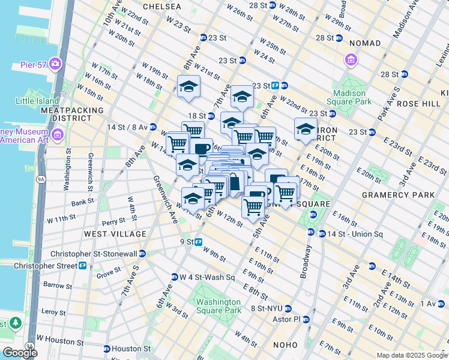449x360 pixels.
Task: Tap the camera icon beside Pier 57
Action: coord(55,62)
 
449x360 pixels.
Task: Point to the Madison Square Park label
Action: coord(350,97)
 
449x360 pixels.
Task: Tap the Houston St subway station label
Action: coord(130,349)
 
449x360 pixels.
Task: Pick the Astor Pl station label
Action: coord(285,319)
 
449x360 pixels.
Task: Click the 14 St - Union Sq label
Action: coord(345,233)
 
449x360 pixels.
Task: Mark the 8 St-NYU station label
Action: coord(266,308)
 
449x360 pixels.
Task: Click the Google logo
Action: coord(20,353)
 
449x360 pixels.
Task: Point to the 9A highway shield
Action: coord(41,178)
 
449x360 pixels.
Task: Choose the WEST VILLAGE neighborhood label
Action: coord(115,233)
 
